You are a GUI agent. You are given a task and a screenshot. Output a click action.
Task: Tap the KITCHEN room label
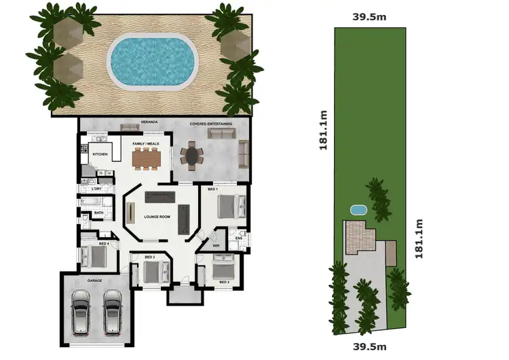tap(100, 154)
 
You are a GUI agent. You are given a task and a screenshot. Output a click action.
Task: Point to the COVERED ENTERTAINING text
tap(210, 124)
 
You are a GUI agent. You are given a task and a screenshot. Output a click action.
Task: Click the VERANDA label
tap(149, 122)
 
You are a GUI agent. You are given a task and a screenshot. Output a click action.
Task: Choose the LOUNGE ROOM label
tap(157, 217)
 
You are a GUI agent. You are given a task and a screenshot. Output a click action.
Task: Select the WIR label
tap(216, 245)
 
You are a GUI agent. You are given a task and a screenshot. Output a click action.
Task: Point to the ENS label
tap(239, 238)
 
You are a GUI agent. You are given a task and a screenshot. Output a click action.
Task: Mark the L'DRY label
tap(96, 187)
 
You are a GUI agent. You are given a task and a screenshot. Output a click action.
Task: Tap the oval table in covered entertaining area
tap(193, 156)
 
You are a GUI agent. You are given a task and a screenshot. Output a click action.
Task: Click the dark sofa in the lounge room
tap(161, 198)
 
